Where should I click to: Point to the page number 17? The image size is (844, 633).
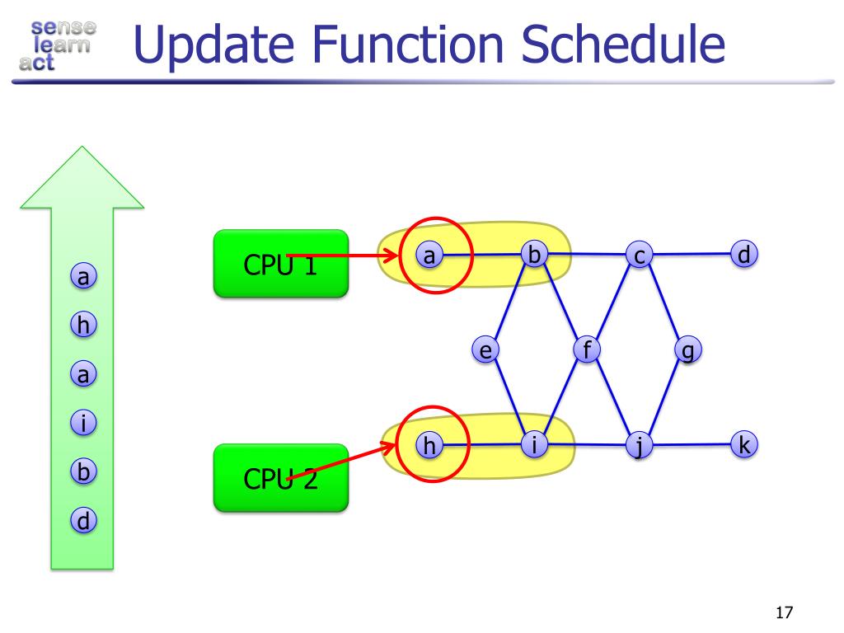(783, 612)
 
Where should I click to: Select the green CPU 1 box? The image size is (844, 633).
(280, 263)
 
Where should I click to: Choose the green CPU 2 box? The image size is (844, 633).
(280, 477)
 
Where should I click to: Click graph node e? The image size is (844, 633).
(486, 351)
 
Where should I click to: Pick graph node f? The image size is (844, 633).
(586, 350)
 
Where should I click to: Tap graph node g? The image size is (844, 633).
(687, 350)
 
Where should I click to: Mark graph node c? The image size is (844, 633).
(638, 256)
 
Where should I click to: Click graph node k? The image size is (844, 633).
(743, 446)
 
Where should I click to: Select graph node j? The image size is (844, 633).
(639, 447)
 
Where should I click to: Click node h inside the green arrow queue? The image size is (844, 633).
(82, 326)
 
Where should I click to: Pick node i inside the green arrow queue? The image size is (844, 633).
(82, 424)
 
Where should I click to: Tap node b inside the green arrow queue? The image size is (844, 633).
(82, 472)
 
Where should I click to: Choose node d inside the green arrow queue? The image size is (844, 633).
(82, 520)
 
